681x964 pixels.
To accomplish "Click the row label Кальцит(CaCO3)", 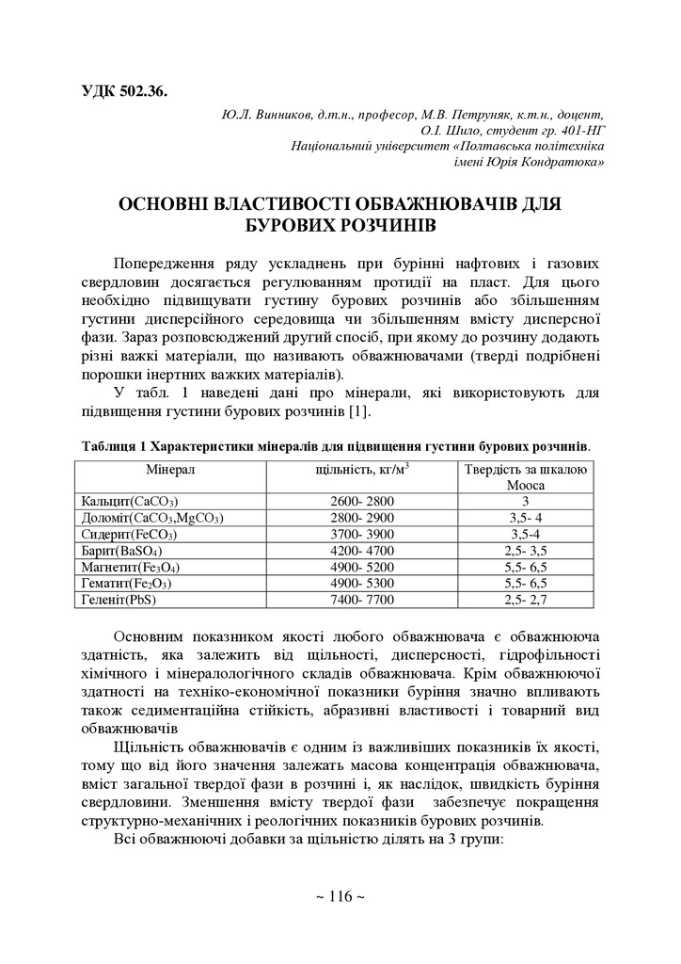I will [130, 501].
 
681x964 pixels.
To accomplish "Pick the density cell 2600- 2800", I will [363, 501].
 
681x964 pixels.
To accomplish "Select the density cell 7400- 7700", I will [363, 599].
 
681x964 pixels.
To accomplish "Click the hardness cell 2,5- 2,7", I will [526, 599].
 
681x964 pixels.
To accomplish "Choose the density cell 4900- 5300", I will [363, 583].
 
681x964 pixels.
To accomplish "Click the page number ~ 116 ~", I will [340, 896].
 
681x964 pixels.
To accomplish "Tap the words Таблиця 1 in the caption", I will [114, 445].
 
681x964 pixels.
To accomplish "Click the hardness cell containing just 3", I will [526, 501].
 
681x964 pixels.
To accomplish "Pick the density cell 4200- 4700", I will [363, 550].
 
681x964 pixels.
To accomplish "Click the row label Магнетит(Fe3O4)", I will [132, 567].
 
